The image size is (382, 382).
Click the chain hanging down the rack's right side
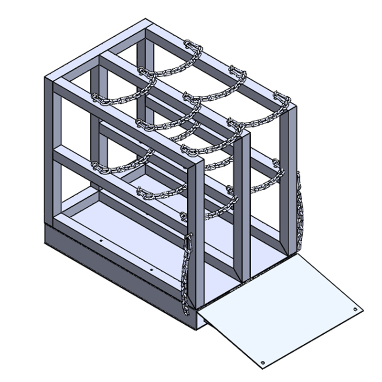pyautogui.click(x=300, y=210)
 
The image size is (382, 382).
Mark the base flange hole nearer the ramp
pyautogui.click(x=151, y=270)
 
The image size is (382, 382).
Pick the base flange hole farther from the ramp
pyautogui.click(x=101, y=242)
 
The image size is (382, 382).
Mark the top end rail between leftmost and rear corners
pyautogui.click(x=95, y=50)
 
